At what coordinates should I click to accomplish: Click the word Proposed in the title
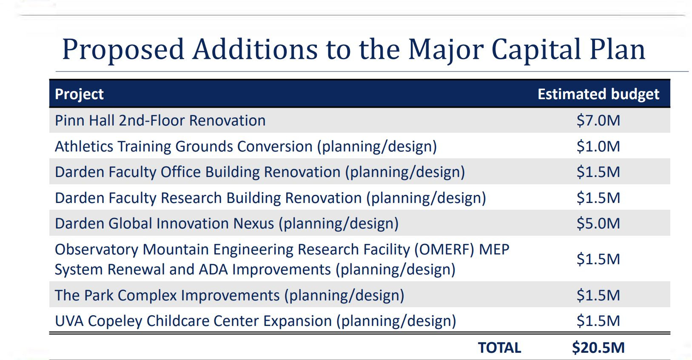(123, 50)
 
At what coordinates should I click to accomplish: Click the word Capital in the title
(536, 50)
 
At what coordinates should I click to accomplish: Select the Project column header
(79, 94)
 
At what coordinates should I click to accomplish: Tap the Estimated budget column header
(598, 94)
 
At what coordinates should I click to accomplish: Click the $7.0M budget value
(598, 120)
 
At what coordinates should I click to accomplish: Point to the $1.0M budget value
(598, 146)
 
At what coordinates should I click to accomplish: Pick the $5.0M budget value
(598, 223)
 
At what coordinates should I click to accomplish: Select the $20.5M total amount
(598, 348)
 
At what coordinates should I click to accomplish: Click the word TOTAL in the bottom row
(499, 348)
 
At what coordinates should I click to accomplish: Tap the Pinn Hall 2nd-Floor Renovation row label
(160, 120)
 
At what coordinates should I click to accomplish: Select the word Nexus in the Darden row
(253, 224)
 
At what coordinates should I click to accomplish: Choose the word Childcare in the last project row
(177, 321)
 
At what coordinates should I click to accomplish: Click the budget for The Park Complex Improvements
(598, 295)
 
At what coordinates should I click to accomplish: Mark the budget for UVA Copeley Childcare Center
(598, 321)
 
